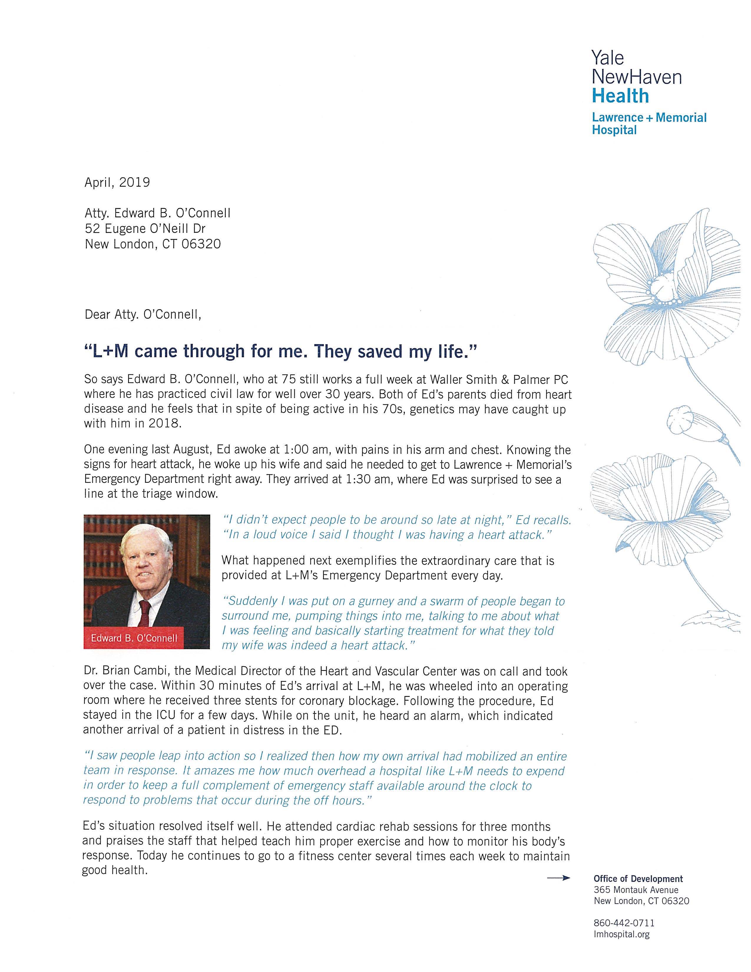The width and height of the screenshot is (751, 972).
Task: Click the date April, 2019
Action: point(117,183)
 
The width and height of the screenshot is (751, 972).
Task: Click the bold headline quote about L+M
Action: point(280,352)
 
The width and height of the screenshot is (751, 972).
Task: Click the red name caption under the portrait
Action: point(134,638)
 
